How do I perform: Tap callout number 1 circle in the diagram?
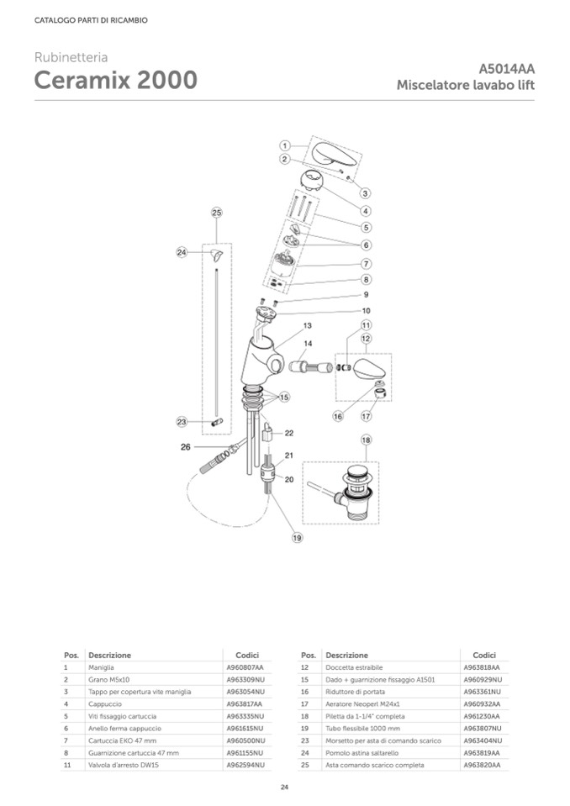click(285, 145)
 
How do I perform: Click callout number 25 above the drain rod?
click(217, 213)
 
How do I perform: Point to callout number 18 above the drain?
click(366, 440)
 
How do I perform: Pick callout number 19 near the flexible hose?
click(297, 537)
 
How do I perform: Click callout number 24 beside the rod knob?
click(181, 251)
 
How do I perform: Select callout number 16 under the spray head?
click(338, 415)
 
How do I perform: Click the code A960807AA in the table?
click(245, 666)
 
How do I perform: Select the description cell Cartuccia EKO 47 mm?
click(120, 740)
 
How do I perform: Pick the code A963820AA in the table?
click(482, 766)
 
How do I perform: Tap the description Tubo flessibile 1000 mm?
click(353, 728)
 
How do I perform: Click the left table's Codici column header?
click(246, 655)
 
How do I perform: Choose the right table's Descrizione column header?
click(346, 655)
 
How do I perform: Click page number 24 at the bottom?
click(284, 787)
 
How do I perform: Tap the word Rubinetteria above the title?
click(71, 57)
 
